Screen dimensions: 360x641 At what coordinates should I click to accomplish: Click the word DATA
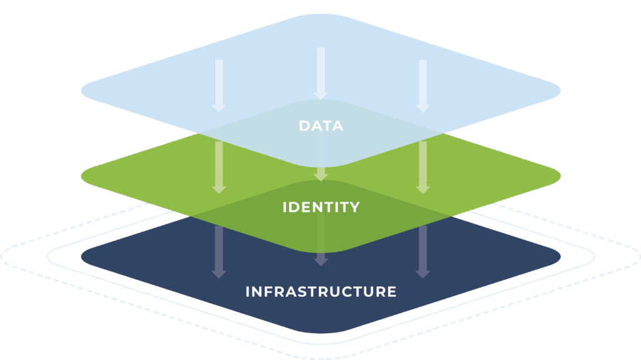[320, 126]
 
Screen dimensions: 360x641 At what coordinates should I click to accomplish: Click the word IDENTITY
[320, 207]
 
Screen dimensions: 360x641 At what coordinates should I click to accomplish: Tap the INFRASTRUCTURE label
[320, 292]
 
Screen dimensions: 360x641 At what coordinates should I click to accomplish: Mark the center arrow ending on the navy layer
[320, 250]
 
